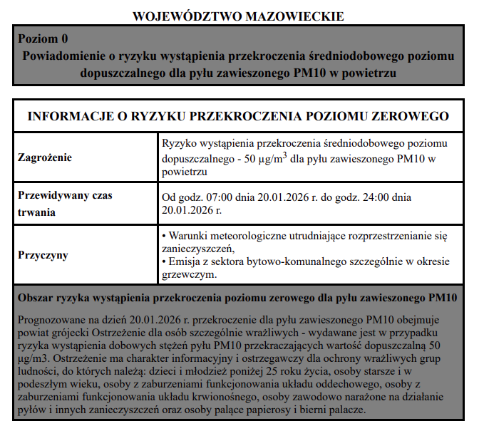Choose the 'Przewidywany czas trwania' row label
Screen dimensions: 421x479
65,203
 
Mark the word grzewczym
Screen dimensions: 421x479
188,274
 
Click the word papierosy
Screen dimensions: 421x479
282,410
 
